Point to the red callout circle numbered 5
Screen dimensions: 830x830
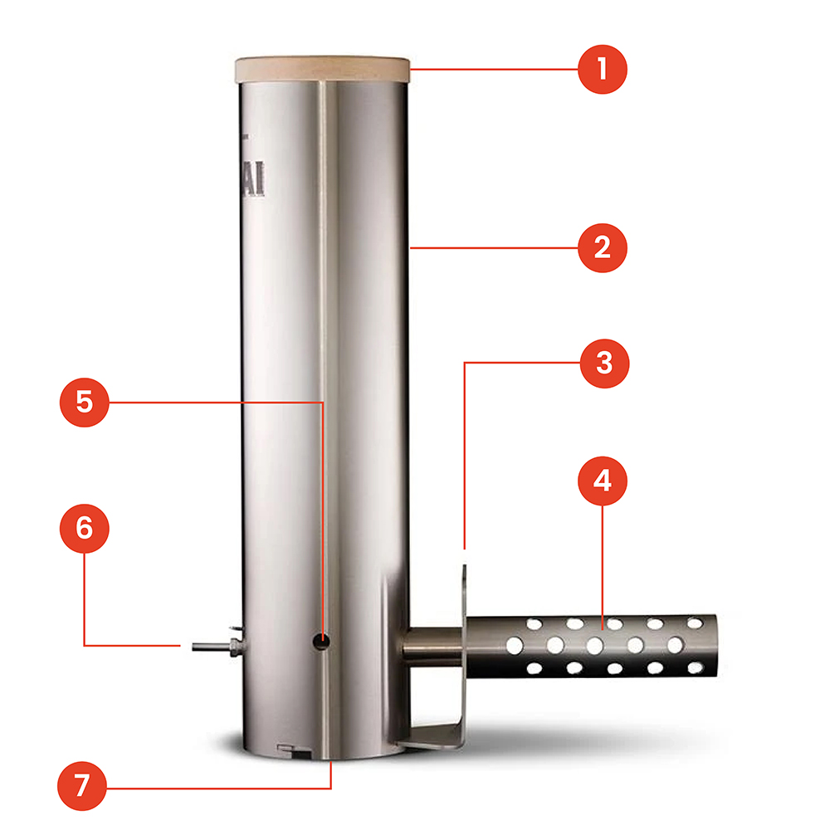pos(84,402)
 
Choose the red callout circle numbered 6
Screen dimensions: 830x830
pos(84,530)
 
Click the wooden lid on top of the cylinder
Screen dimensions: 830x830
pos(323,70)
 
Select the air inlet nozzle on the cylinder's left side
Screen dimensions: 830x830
pos(212,644)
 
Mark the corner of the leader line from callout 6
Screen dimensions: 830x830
pos(85,644)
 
